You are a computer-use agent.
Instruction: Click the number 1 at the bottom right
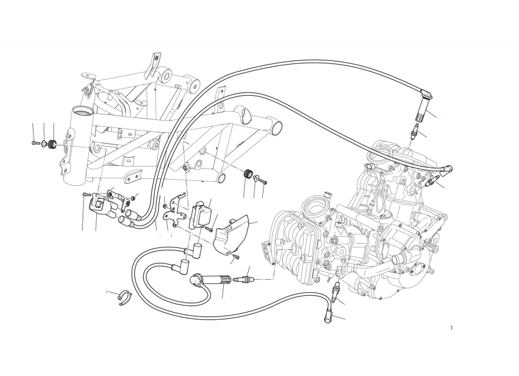[451, 328]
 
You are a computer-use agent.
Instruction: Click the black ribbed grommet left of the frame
[52, 144]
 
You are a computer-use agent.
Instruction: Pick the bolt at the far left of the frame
[35, 143]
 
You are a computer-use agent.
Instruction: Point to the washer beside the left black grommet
[44, 144]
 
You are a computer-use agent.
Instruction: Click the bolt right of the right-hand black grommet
[263, 181]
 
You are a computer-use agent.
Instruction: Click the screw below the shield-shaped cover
[236, 257]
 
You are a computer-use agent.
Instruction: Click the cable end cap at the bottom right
[328, 314]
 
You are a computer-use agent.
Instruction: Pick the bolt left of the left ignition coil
[86, 195]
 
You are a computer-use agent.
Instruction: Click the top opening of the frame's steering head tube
[81, 110]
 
